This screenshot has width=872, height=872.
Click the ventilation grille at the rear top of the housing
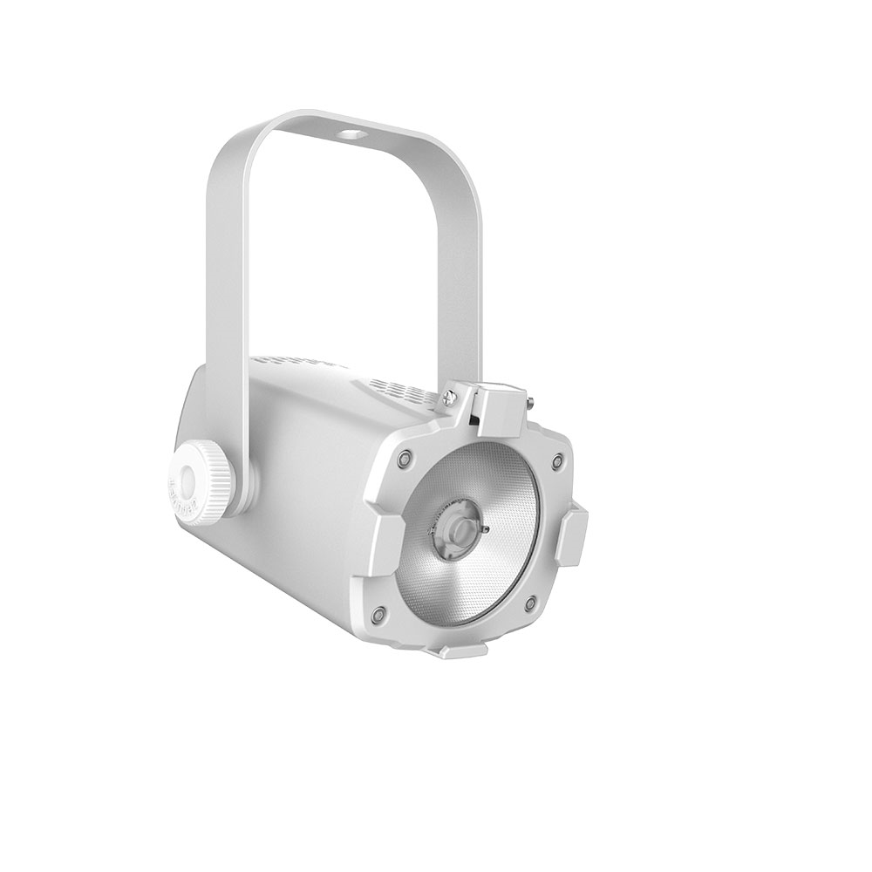288,362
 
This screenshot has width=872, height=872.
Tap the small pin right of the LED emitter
486,528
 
